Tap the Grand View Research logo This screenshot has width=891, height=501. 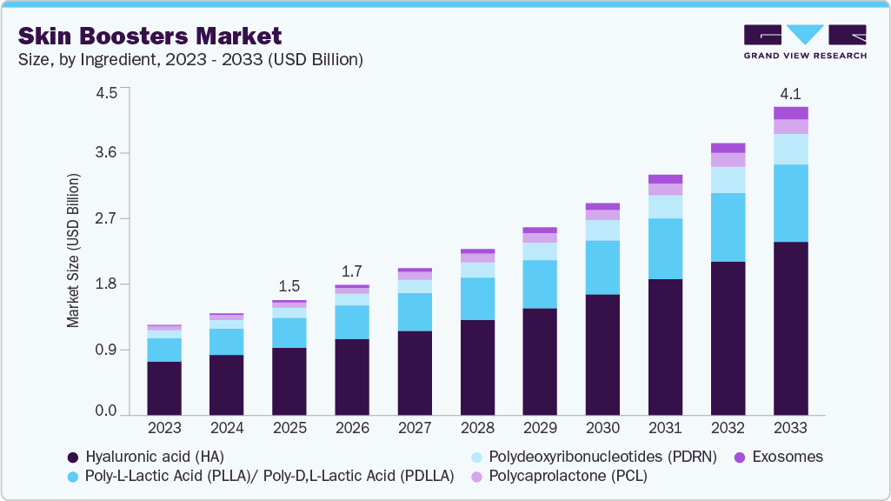(805, 42)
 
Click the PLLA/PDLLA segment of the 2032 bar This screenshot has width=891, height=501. (728, 227)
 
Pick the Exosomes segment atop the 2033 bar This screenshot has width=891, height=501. (791, 113)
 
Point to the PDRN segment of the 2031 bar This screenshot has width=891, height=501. (665, 206)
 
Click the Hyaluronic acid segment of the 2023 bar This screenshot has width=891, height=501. (164, 388)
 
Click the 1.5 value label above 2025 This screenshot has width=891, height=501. (289, 286)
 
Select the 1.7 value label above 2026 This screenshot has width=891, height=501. (352, 271)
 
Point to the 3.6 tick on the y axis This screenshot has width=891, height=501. (105, 153)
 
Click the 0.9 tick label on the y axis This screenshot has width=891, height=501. (105, 350)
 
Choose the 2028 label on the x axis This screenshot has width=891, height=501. (477, 428)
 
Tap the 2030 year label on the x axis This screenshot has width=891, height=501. (602, 428)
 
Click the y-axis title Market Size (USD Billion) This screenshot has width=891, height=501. (72, 250)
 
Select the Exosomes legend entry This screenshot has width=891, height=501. (780, 457)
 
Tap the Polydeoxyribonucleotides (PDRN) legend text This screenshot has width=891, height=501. (602, 457)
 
